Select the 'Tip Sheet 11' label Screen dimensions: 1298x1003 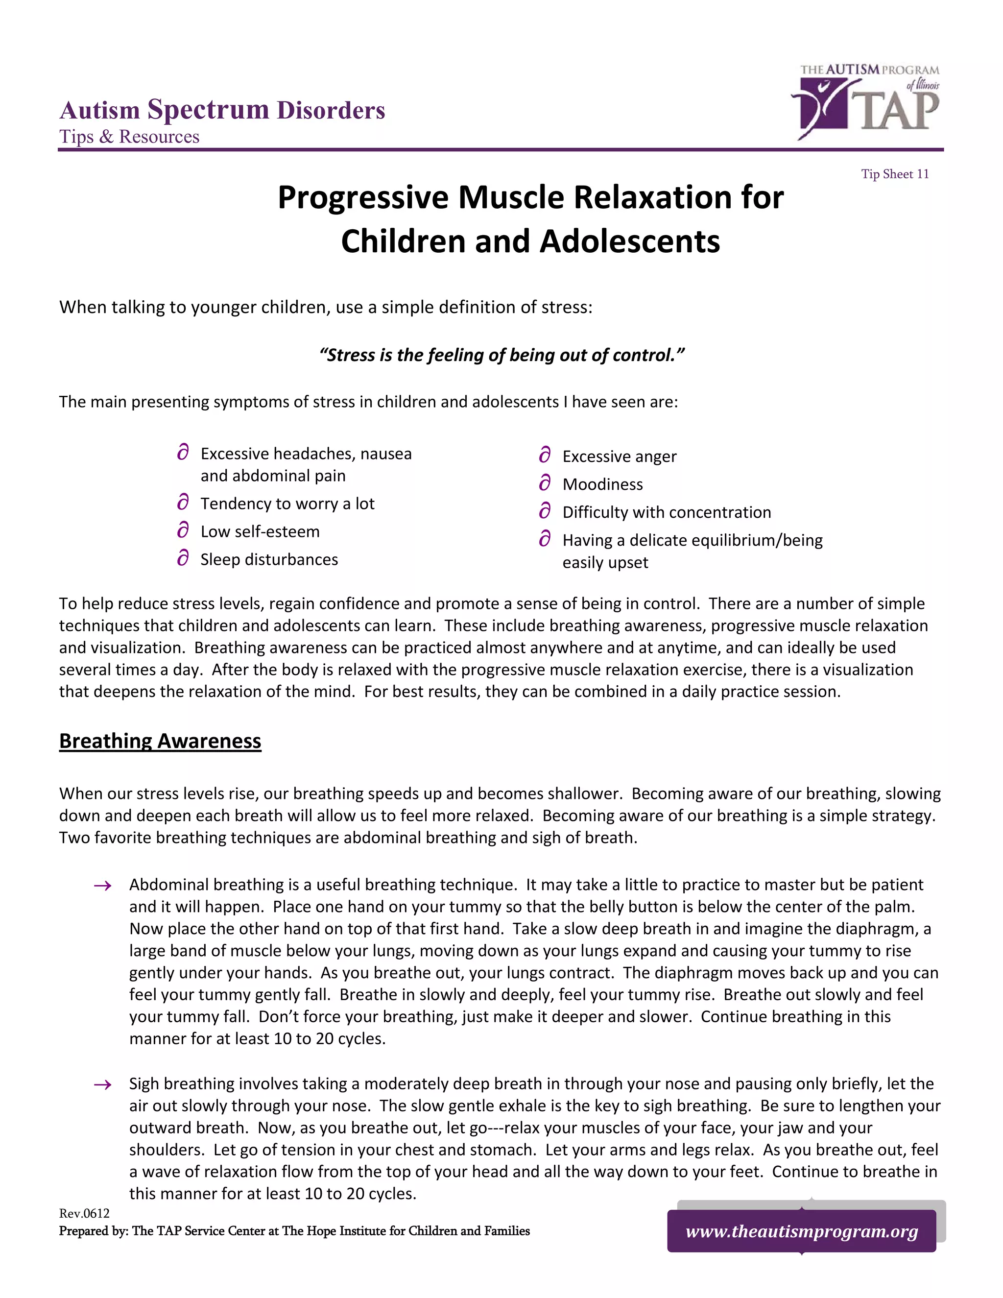895,174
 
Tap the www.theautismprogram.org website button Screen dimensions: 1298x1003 802,1231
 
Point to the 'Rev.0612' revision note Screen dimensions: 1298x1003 84,1213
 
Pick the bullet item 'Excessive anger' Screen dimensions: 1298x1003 619,457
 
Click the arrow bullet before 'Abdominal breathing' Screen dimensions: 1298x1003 103,886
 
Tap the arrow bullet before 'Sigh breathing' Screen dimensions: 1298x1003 103,1084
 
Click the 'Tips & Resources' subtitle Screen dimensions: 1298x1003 129,137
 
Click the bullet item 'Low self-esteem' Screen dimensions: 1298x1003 260,531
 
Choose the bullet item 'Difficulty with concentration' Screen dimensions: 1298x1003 666,512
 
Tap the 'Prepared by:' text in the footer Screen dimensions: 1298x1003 94,1231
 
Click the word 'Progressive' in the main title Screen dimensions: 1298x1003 362,198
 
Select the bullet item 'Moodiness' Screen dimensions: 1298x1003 602,484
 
